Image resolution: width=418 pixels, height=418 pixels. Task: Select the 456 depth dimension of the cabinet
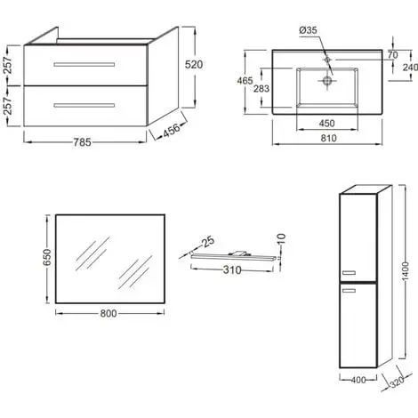pyautogui.click(x=173, y=133)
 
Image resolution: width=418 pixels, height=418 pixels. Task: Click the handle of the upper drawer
pyautogui.click(x=84, y=66)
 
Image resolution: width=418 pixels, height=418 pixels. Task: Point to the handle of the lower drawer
pyautogui.click(x=84, y=105)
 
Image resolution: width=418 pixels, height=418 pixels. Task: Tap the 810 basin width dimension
pyautogui.click(x=327, y=139)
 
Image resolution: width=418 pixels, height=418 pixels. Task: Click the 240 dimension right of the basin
pyautogui.click(x=410, y=67)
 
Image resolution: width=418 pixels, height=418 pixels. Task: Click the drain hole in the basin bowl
pyautogui.click(x=327, y=80)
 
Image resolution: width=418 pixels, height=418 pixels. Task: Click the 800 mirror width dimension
pyautogui.click(x=110, y=313)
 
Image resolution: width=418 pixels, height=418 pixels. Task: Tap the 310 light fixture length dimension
pyautogui.click(x=232, y=269)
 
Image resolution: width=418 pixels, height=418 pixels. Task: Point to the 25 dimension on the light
pyautogui.click(x=208, y=241)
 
